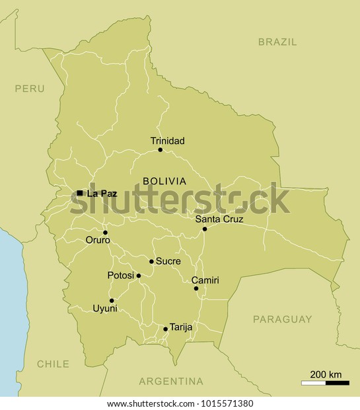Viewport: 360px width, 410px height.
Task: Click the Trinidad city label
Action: (167, 141)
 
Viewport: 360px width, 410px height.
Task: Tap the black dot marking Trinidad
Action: (160, 150)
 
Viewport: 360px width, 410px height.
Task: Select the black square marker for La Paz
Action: (79, 193)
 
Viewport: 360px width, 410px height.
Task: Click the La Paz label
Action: (102, 193)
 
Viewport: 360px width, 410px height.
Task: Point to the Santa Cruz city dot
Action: (205, 229)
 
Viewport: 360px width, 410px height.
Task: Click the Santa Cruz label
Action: (220, 219)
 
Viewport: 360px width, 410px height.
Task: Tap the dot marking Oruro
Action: (105, 232)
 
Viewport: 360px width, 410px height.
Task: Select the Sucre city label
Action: (168, 261)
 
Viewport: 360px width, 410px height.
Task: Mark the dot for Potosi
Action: (139, 276)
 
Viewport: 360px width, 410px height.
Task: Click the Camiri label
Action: (205, 280)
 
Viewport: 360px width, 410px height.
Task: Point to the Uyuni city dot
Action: (112, 300)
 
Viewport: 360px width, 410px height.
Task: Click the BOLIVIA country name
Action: (164, 181)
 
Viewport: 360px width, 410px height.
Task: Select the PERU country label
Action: (30, 87)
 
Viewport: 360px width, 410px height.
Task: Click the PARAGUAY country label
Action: (283, 319)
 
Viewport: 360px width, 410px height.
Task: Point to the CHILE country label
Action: (53, 364)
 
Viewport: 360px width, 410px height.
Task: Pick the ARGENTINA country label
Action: (170, 381)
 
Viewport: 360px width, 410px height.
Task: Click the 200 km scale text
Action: (326, 374)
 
